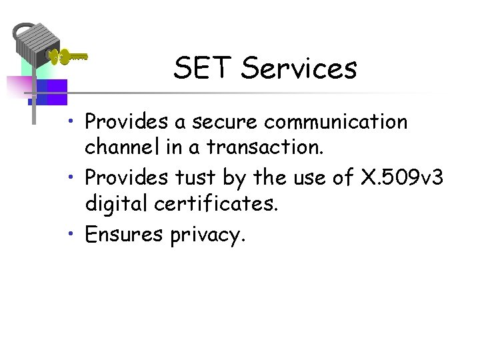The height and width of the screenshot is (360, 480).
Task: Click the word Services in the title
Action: click(299, 68)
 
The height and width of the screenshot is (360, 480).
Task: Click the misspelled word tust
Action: click(193, 179)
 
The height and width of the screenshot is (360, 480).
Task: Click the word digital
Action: click(116, 203)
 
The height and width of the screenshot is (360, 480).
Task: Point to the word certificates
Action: click(216, 203)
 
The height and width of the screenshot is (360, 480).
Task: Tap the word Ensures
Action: click(124, 235)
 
